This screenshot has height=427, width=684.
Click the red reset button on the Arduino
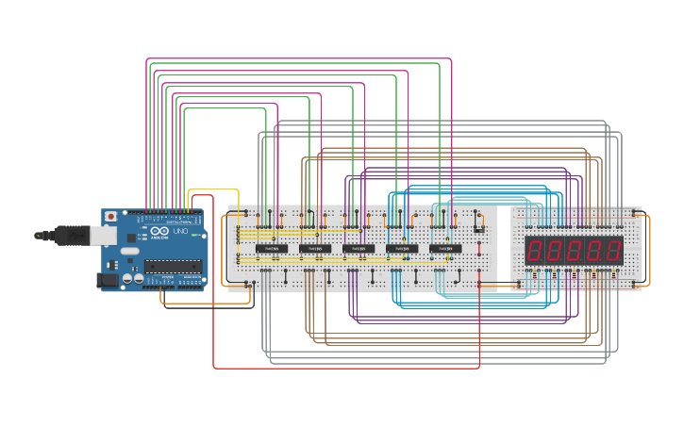111,216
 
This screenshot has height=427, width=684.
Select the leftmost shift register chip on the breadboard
272,249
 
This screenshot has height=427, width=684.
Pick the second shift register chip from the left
315,249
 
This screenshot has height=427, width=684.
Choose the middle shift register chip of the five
359,249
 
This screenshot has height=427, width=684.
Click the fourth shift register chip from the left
402,249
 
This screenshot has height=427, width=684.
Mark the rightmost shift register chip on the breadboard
445,249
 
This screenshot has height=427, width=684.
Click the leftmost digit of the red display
535,251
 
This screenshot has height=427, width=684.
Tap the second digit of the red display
555,251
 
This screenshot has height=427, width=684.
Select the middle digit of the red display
575,251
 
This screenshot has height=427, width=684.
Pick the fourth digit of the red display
594,251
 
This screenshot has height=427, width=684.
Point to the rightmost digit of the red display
613,251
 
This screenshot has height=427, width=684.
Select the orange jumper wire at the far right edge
649,250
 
